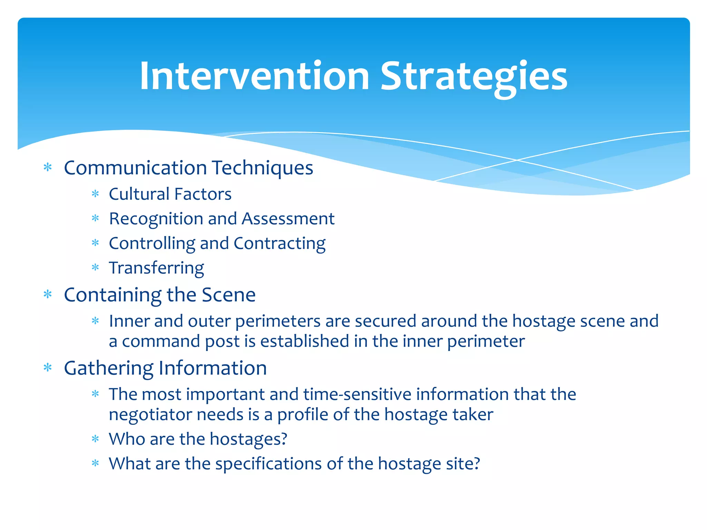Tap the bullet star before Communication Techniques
coord(48,168)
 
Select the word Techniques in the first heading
coord(263,168)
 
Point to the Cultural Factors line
coord(170,194)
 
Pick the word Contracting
coord(279,244)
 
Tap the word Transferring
coord(156,268)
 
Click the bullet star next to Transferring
coord(95,268)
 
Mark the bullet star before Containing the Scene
coord(48,295)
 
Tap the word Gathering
coord(108,369)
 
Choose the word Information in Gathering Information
coord(213,368)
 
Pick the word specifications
coord(268,464)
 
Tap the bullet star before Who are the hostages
coord(95,439)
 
